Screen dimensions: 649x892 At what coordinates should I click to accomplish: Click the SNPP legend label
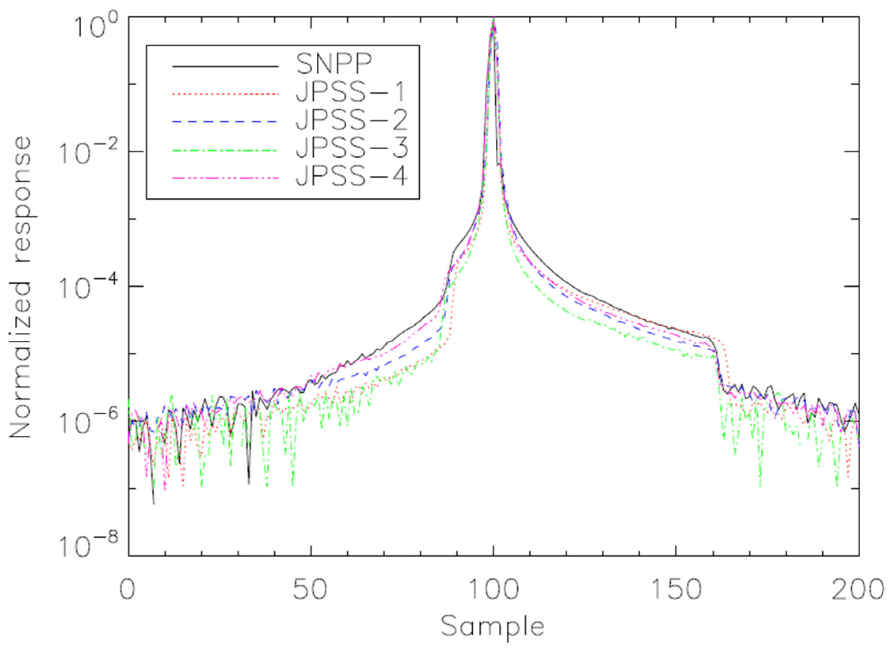click(334, 64)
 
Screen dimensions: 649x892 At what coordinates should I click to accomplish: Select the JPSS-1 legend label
click(350, 93)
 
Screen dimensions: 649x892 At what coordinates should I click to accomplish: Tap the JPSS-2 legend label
click(351, 121)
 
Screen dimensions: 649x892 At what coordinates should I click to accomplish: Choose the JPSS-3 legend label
click(351, 149)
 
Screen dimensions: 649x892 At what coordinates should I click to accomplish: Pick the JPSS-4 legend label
click(351, 177)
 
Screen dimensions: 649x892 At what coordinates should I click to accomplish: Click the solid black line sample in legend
click(225, 66)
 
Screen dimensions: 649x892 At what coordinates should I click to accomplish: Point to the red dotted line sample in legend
click(225, 94)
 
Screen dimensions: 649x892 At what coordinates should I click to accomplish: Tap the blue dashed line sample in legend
click(225, 122)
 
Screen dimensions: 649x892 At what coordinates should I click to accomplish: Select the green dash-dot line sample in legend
click(225, 150)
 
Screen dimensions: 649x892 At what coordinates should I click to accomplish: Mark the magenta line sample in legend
click(225, 178)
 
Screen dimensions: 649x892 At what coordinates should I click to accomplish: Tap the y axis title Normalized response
click(20, 288)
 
